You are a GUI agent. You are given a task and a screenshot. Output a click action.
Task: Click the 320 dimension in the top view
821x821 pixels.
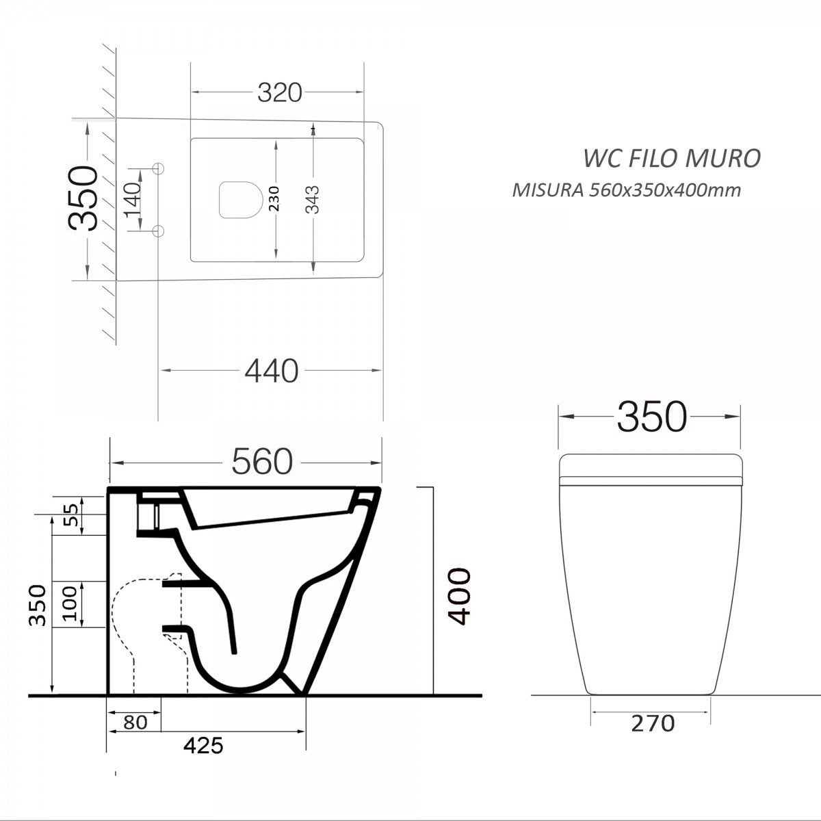[279, 92]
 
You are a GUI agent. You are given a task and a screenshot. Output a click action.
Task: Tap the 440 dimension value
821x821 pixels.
[272, 371]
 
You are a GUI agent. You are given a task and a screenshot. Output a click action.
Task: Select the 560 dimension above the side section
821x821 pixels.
[262, 462]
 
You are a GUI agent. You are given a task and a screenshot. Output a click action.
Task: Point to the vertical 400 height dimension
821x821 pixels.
[460, 595]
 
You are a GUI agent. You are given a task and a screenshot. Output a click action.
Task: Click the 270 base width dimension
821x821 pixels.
[653, 722]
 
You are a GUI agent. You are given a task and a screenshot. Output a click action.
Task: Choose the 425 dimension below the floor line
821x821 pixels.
[203, 745]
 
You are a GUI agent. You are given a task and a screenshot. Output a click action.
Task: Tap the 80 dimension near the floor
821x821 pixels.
[136, 722]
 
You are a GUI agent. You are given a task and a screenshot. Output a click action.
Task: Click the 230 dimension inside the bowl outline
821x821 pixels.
[274, 198]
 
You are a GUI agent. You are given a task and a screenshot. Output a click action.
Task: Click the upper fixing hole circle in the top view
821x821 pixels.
[159, 168]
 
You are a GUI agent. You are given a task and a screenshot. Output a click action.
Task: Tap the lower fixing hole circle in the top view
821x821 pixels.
[159, 229]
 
